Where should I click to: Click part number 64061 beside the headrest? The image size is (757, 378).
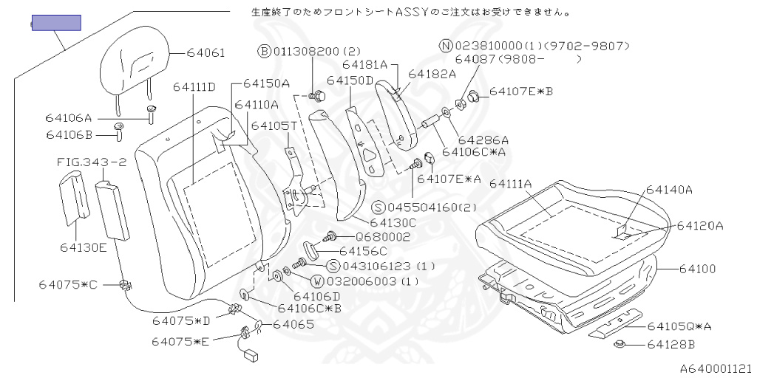pos(206,53)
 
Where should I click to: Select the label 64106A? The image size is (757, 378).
pos(69,117)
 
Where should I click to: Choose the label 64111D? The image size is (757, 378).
pos(194,87)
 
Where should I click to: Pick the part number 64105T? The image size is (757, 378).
pos(274,126)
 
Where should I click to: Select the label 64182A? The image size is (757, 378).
pos(432,74)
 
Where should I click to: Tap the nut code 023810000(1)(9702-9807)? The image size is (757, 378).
pos(540,46)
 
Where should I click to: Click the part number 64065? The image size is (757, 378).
pos(293,324)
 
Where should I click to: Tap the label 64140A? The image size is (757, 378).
pos(669,190)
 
